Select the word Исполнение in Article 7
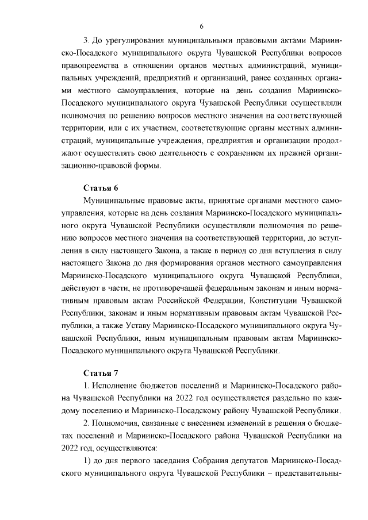[114, 385]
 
